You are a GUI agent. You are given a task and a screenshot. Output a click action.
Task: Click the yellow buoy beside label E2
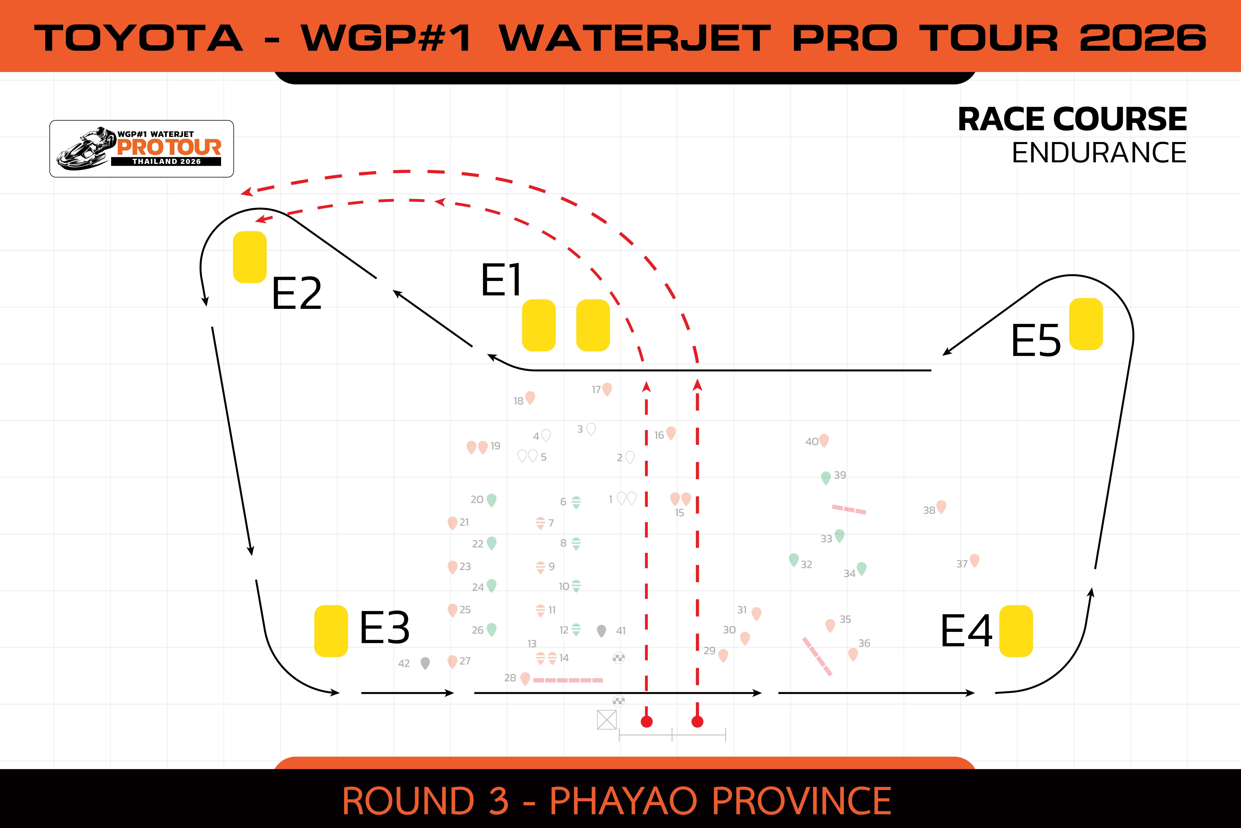point(250,257)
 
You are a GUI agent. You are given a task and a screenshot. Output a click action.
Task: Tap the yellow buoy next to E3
point(331,631)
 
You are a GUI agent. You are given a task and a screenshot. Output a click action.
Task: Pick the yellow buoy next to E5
point(1086,324)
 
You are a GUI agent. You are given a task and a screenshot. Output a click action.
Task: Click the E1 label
point(501,280)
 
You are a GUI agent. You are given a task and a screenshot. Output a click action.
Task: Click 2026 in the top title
point(1143,38)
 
